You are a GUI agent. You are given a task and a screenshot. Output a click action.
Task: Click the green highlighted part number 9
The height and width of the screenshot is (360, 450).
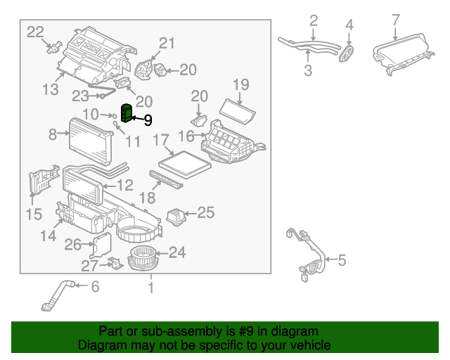127,112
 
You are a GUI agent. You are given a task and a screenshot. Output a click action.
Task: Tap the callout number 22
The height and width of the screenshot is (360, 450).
35,31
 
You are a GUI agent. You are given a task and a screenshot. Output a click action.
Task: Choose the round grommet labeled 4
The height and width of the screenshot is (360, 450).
347,53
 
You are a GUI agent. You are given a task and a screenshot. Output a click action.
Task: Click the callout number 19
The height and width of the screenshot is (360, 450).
240,85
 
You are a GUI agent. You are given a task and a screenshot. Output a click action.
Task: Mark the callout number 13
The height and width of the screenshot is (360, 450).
50,89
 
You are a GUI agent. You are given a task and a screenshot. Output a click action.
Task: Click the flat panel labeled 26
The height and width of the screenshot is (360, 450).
103,245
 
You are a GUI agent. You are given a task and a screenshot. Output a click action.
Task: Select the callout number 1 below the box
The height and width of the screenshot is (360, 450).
149,288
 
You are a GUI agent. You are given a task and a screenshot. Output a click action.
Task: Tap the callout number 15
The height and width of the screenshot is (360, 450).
33,214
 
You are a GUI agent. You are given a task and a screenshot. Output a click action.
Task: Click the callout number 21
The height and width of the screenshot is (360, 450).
165,43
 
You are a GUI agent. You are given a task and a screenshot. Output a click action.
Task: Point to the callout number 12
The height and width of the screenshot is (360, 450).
124,186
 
